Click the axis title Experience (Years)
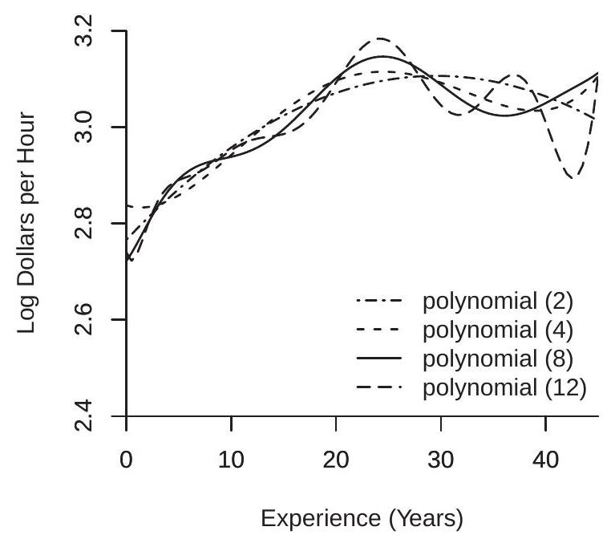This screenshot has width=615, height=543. pyautogui.click(x=362, y=520)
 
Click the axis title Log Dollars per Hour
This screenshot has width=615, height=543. pyautogui.click(x=27, y=224)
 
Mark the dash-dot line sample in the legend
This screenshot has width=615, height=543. pyautogui.click(x=381, y=302)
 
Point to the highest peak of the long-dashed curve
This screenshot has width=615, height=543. pyautogui.click(x=379, y=38)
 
